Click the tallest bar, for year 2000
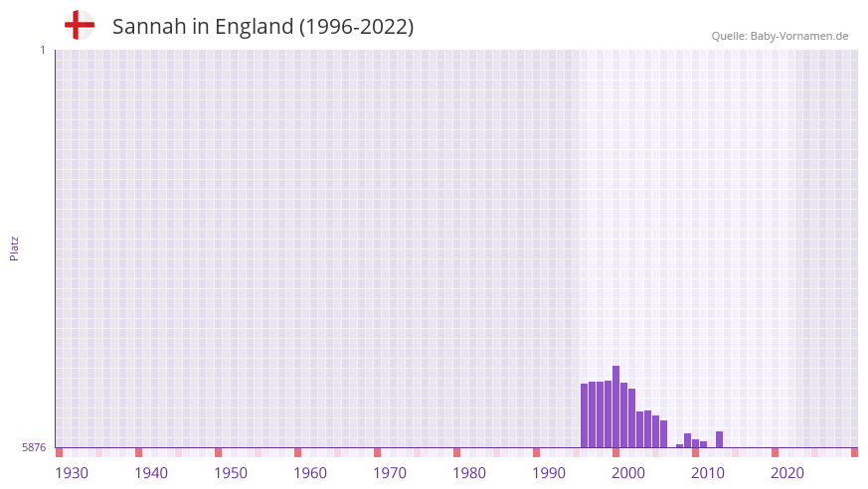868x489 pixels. (x=615, y=407)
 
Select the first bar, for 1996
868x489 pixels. (x=584, y=415)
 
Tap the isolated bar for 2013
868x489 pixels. (x=719, y=439)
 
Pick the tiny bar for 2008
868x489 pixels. (x=679, y=445)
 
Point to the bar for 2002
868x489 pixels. (x=631, y=417)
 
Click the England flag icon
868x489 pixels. (x=80, y=26)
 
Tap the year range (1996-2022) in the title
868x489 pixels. (x=357, y=27)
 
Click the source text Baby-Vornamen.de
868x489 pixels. (x=799, y=36)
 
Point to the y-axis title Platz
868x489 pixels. (x=14, y=248)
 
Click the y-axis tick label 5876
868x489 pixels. (x=34, y=448)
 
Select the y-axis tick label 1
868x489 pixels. (x=42, y=50)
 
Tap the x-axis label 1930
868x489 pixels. (x=72, y=473)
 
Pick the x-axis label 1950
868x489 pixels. (x=231, y=473)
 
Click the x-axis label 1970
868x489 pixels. (x=390, y=473)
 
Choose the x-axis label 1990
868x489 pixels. (x=549, y=473)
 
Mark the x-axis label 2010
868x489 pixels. (x=708, y=473)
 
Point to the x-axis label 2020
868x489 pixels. (x=787, y=473)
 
